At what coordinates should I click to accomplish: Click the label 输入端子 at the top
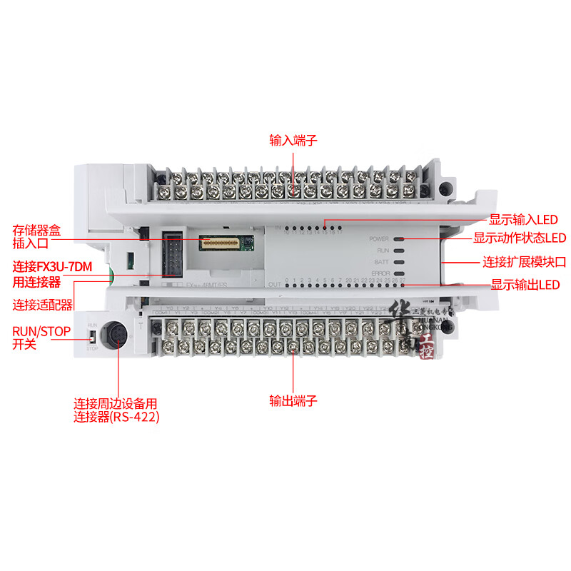pyautogui.click(x=293, y=140)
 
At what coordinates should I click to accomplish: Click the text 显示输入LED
pyautogui.click(x=523, y=220)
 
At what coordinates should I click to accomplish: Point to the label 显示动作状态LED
pyautogui.click(x=519, y=238)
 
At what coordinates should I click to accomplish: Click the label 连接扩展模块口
pyautogui.click(x=524, y=262)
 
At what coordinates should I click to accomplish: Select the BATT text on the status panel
pyautogui.click(x=382, y=262)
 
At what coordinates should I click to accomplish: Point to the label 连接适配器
pyautogui.click(x=43, y=305)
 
